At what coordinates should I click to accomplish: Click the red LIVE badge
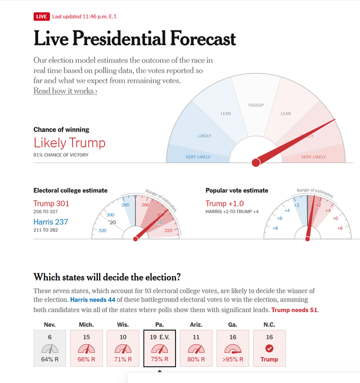tap(42, 16)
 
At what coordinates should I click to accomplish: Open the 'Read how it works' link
tap(65, 91)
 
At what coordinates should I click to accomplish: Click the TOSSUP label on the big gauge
tap(256, 105)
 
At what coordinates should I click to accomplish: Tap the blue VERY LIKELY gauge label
tap(199, 157)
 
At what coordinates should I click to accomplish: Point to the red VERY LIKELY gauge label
tap(313, 157)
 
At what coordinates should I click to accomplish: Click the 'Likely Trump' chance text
tap(69, 142)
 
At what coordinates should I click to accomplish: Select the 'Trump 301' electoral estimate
tap(51, 204)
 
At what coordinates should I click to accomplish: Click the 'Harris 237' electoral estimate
tap(51, 222)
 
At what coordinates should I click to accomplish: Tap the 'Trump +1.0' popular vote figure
tap(224, 204)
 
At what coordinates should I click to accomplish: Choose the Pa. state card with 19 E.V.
tap(160, 348)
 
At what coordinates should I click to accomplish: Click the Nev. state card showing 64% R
tap(49, 348)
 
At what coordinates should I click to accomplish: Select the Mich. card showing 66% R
tap(86, 348)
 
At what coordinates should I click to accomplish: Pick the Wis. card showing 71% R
tap(123, 348)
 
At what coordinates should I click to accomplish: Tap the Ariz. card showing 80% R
tap(196, 348)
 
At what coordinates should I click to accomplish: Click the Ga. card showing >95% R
tap(233, 348)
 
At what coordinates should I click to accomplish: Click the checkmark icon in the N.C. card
tap(269, 349)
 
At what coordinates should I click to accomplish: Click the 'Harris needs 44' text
tap(93, 300)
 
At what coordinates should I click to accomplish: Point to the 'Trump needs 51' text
tap(294, 310)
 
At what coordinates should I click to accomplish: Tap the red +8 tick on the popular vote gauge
tap(340, 228)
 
